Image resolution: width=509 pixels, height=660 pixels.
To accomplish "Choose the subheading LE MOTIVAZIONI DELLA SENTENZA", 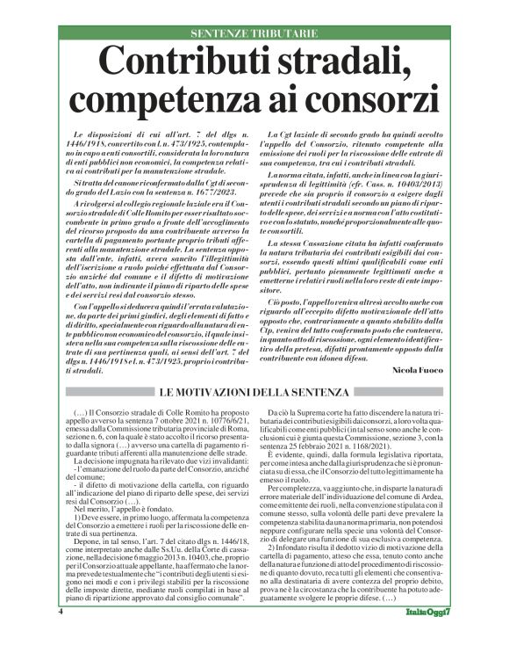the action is [254, 391].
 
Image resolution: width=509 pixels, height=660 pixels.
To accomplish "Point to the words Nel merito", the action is [90, 508].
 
